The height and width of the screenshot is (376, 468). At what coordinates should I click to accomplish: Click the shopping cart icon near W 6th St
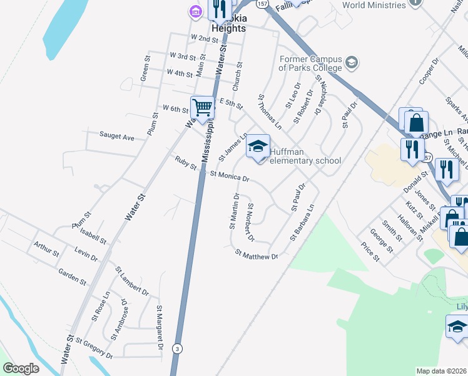click(202, 108)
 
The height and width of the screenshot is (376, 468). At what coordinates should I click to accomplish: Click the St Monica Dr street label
click(230, 176)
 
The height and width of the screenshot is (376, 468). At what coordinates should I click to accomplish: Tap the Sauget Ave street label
click(117, 136)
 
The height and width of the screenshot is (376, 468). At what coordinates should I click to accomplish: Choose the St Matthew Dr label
click(256, 254)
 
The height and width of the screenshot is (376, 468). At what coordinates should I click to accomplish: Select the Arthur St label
click(46, 249)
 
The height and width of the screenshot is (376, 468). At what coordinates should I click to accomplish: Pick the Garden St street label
click(71, 273)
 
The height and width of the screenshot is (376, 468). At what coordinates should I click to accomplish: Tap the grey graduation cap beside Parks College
click(352, 63)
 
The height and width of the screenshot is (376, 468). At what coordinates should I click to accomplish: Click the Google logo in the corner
click(21, 368)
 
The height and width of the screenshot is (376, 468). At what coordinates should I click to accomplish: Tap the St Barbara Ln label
click(302, 222)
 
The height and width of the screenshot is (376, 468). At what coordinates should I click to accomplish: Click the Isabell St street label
click(93, 236)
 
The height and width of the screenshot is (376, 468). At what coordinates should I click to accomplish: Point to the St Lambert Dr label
click(132, 280)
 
